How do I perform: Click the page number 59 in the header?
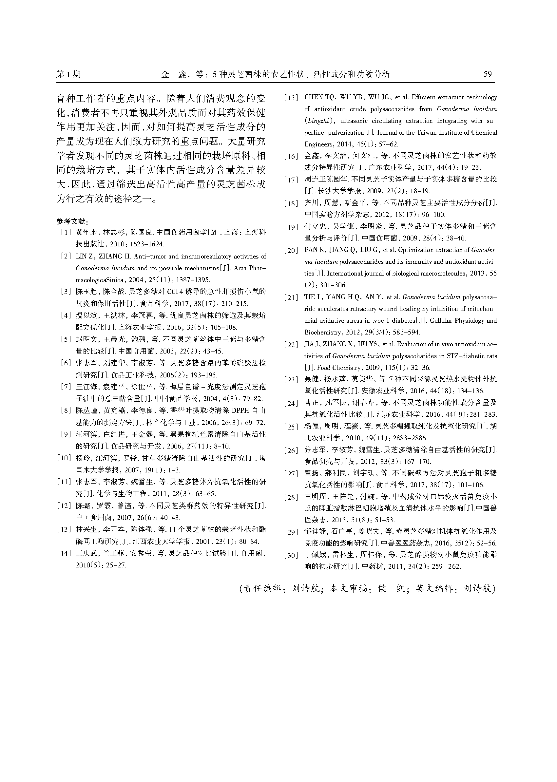pos(488,74)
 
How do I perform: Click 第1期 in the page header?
pos(68,74)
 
